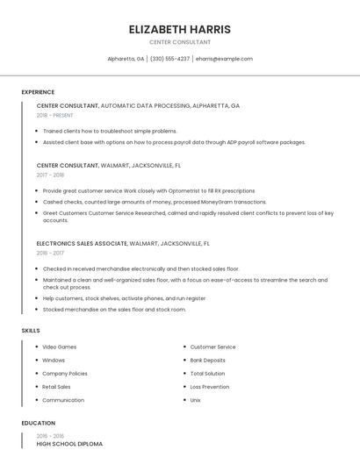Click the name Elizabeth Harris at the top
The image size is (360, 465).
pos(179,29)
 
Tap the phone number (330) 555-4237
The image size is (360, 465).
pos(169,59)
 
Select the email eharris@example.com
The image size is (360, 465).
pos(224,59)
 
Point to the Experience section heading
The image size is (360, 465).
pos(38,92)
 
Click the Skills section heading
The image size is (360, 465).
pos(31,331)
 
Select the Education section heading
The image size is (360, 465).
pos(38,423)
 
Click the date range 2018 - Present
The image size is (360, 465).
pos(55,115)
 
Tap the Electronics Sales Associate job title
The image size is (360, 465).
pos(82,243)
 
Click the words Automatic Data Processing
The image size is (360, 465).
pos(145,105)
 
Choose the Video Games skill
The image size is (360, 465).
pos(60,347)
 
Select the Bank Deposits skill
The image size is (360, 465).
pos(207,360)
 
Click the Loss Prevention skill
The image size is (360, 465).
pos(210,386)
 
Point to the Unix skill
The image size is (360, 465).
pos(196,400)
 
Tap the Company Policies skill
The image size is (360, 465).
pos(65,373)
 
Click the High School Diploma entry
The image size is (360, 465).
pos(69,444)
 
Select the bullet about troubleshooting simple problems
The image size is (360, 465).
pos(110,131)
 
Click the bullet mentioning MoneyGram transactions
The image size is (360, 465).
pos(155,201)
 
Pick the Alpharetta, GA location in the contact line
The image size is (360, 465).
pos(126,59)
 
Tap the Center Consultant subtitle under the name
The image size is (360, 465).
pos(179,42)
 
